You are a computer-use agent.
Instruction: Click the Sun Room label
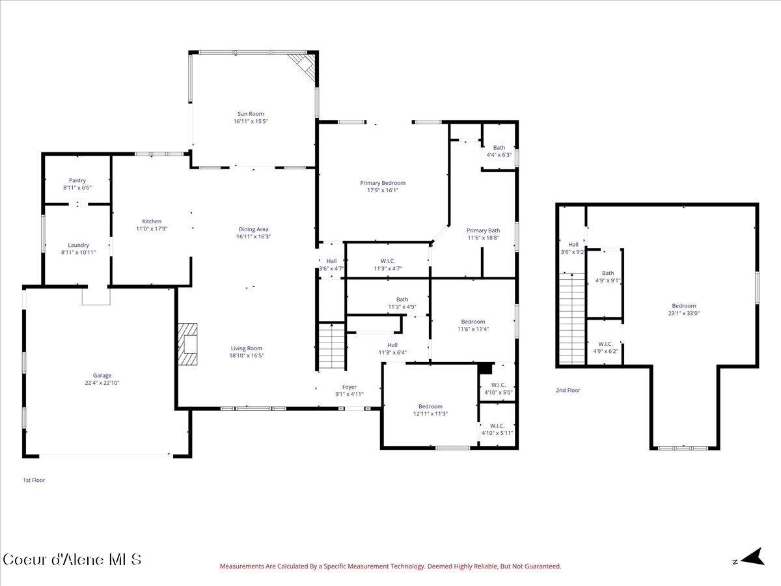tap(251, 114)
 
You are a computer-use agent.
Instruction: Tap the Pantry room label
tap(77, 181)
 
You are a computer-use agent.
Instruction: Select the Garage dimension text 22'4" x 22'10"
tap(102, 384)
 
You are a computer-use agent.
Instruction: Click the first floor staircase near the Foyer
tap(331, 346)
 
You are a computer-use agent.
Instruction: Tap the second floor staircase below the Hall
tap(572, 319)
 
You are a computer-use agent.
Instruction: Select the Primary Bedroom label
tap(383, 183)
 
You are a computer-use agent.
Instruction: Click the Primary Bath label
tap(483, 230)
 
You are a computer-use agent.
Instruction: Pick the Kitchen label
tap(152, 221)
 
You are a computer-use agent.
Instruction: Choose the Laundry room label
tap(79, 245)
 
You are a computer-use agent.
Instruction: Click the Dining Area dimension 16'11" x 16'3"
tap(253, 237)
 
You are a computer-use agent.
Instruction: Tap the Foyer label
tap(349, 387)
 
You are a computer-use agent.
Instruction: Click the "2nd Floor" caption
tap(568, 390)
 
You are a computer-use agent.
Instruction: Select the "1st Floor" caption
tap(34, 480)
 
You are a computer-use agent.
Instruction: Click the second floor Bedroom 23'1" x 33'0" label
tap(683, 306)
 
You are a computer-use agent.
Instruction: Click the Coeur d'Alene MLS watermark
tap(72, 559)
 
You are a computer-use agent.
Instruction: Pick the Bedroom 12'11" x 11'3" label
tap(430, 406)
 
